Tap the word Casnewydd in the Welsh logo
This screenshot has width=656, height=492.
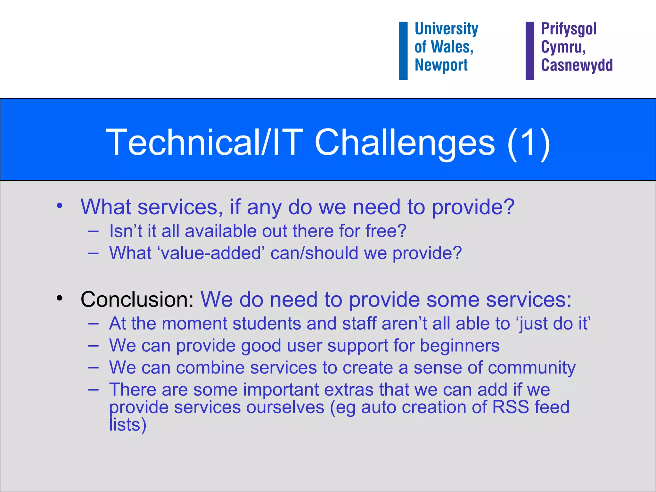(x=577, y=65)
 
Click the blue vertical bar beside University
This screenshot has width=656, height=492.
(x=403, y=51)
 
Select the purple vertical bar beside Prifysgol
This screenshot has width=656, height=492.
(x=530, y=51)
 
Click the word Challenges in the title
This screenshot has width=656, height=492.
(x=405, y=142)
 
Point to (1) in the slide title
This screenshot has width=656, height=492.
(x=529, y=143)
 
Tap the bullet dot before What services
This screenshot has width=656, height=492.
(x=60, y=206)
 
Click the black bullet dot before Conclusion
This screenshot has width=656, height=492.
(x=60, y=298)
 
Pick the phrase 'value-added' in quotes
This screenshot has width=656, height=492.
(x=211, y=253)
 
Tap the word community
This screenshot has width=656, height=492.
(x=532, y=368)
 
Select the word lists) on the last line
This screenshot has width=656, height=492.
(x=127, y=425)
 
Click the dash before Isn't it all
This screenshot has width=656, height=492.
(x=93, y=231)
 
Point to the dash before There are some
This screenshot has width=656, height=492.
(x=93, y=390)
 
